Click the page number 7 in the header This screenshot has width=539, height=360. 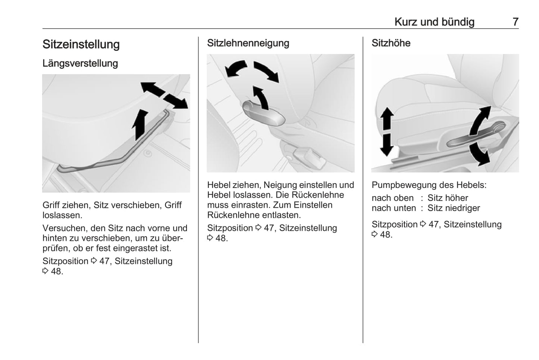click(x=516, y=22)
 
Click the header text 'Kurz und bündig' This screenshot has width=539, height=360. click(x=434, y=22)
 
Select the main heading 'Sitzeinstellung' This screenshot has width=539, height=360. click(x=81, y=44)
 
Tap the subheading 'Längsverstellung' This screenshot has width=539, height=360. click(x=80, y=63)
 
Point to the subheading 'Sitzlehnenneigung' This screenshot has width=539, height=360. click(x=248, y=43)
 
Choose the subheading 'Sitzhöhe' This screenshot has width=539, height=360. click(x=391, y=43)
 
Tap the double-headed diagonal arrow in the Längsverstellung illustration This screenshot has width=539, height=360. click(x=164, y=95)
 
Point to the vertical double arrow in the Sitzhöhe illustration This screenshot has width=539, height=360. click(x=387, y=131)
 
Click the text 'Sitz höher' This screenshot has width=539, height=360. click(x=448, y=198)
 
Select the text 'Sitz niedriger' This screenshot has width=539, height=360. click(x=454, y=208)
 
